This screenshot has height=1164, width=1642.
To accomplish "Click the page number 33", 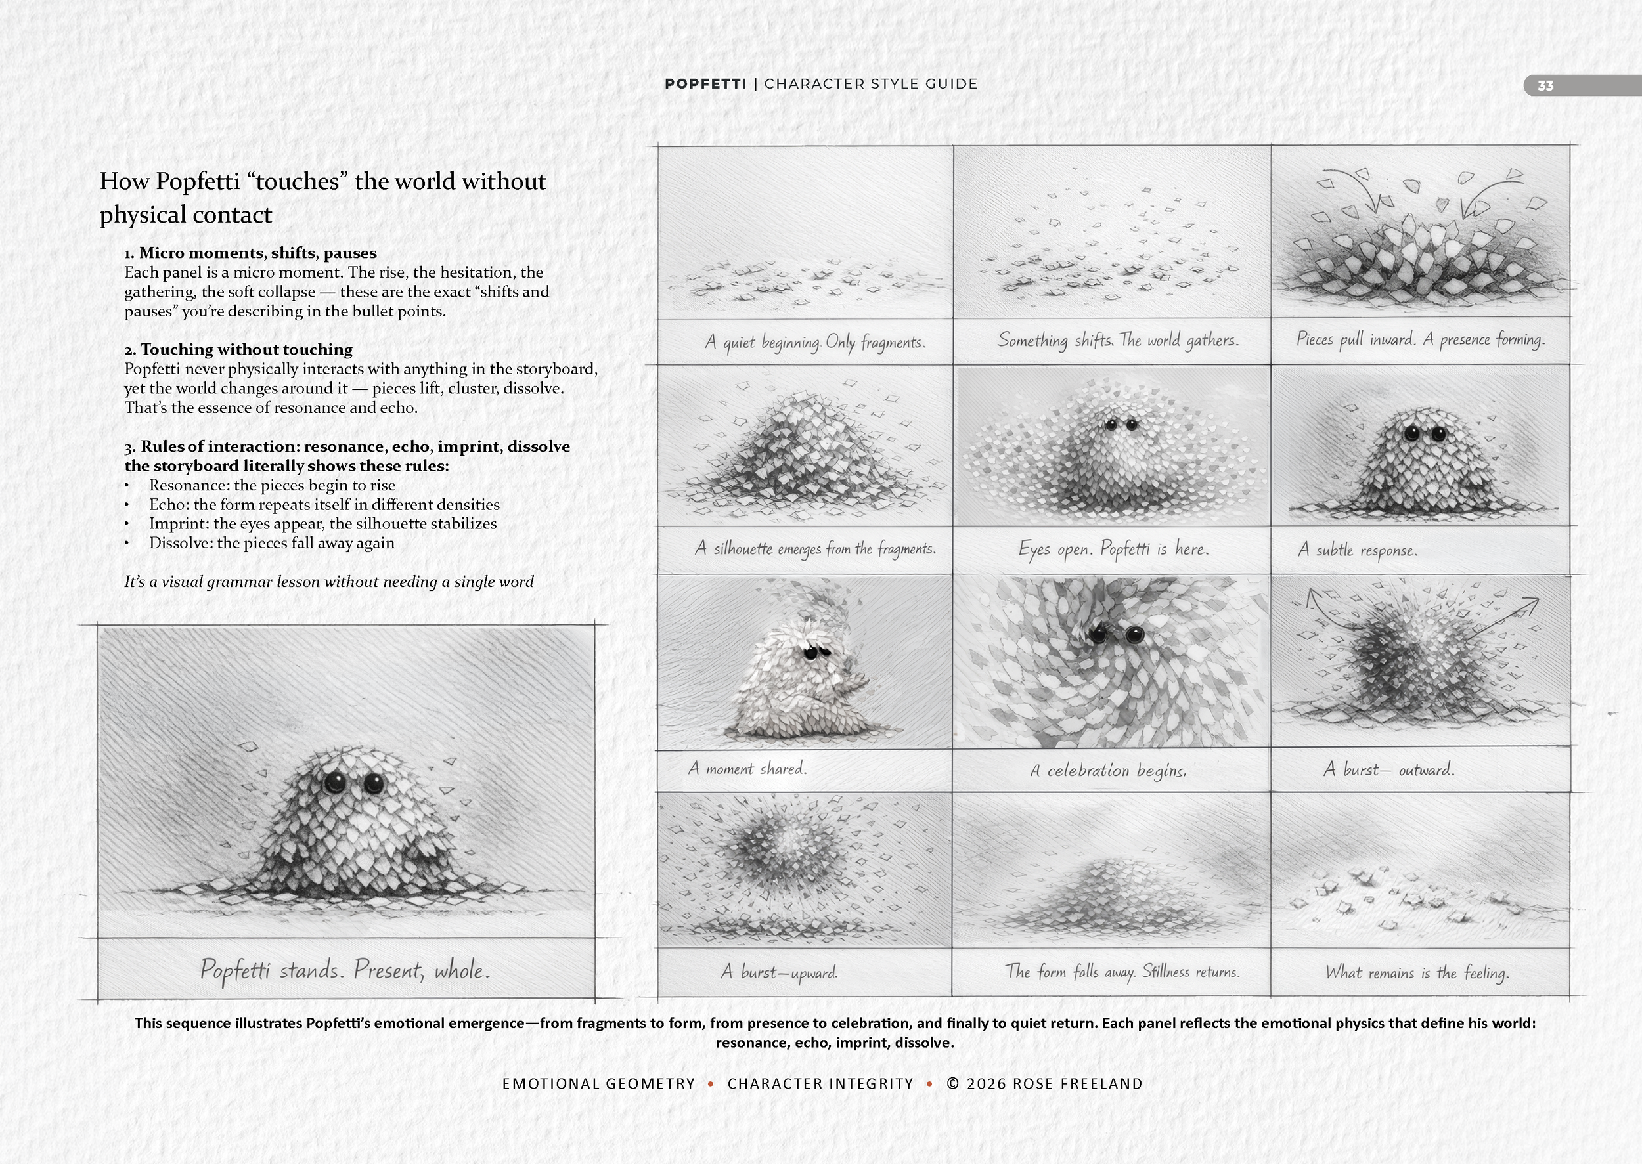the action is pyautogui.click(x=1545, y=86).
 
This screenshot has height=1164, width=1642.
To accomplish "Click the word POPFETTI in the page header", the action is pyautogui.click(x=705, y=84).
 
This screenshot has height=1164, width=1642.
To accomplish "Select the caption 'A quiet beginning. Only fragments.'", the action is pyautogui.click(x=814, y=342).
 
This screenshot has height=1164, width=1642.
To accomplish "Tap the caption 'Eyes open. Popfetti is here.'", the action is pyautogui.click(x=1113, y=549).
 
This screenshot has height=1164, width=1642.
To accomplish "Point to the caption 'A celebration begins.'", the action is pyautogui.click(x=1109, y=771).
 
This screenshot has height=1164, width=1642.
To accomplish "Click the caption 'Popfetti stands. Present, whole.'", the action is pyautogui.click(x=345, y=970).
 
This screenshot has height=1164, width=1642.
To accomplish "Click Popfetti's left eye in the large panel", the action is pyautogui.click(x=334, y=782).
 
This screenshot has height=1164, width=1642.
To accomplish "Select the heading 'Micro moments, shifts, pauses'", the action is pyautogui.click(x=257, y=252).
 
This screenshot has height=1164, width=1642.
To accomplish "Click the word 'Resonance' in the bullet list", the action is pyautogui.click(x=188, y=485).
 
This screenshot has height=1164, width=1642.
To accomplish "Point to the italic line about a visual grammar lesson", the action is pyautogui.click(x=329, y=581).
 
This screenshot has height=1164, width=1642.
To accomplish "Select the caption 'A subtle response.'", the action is pyautogui.click(x=1358, y=550).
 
